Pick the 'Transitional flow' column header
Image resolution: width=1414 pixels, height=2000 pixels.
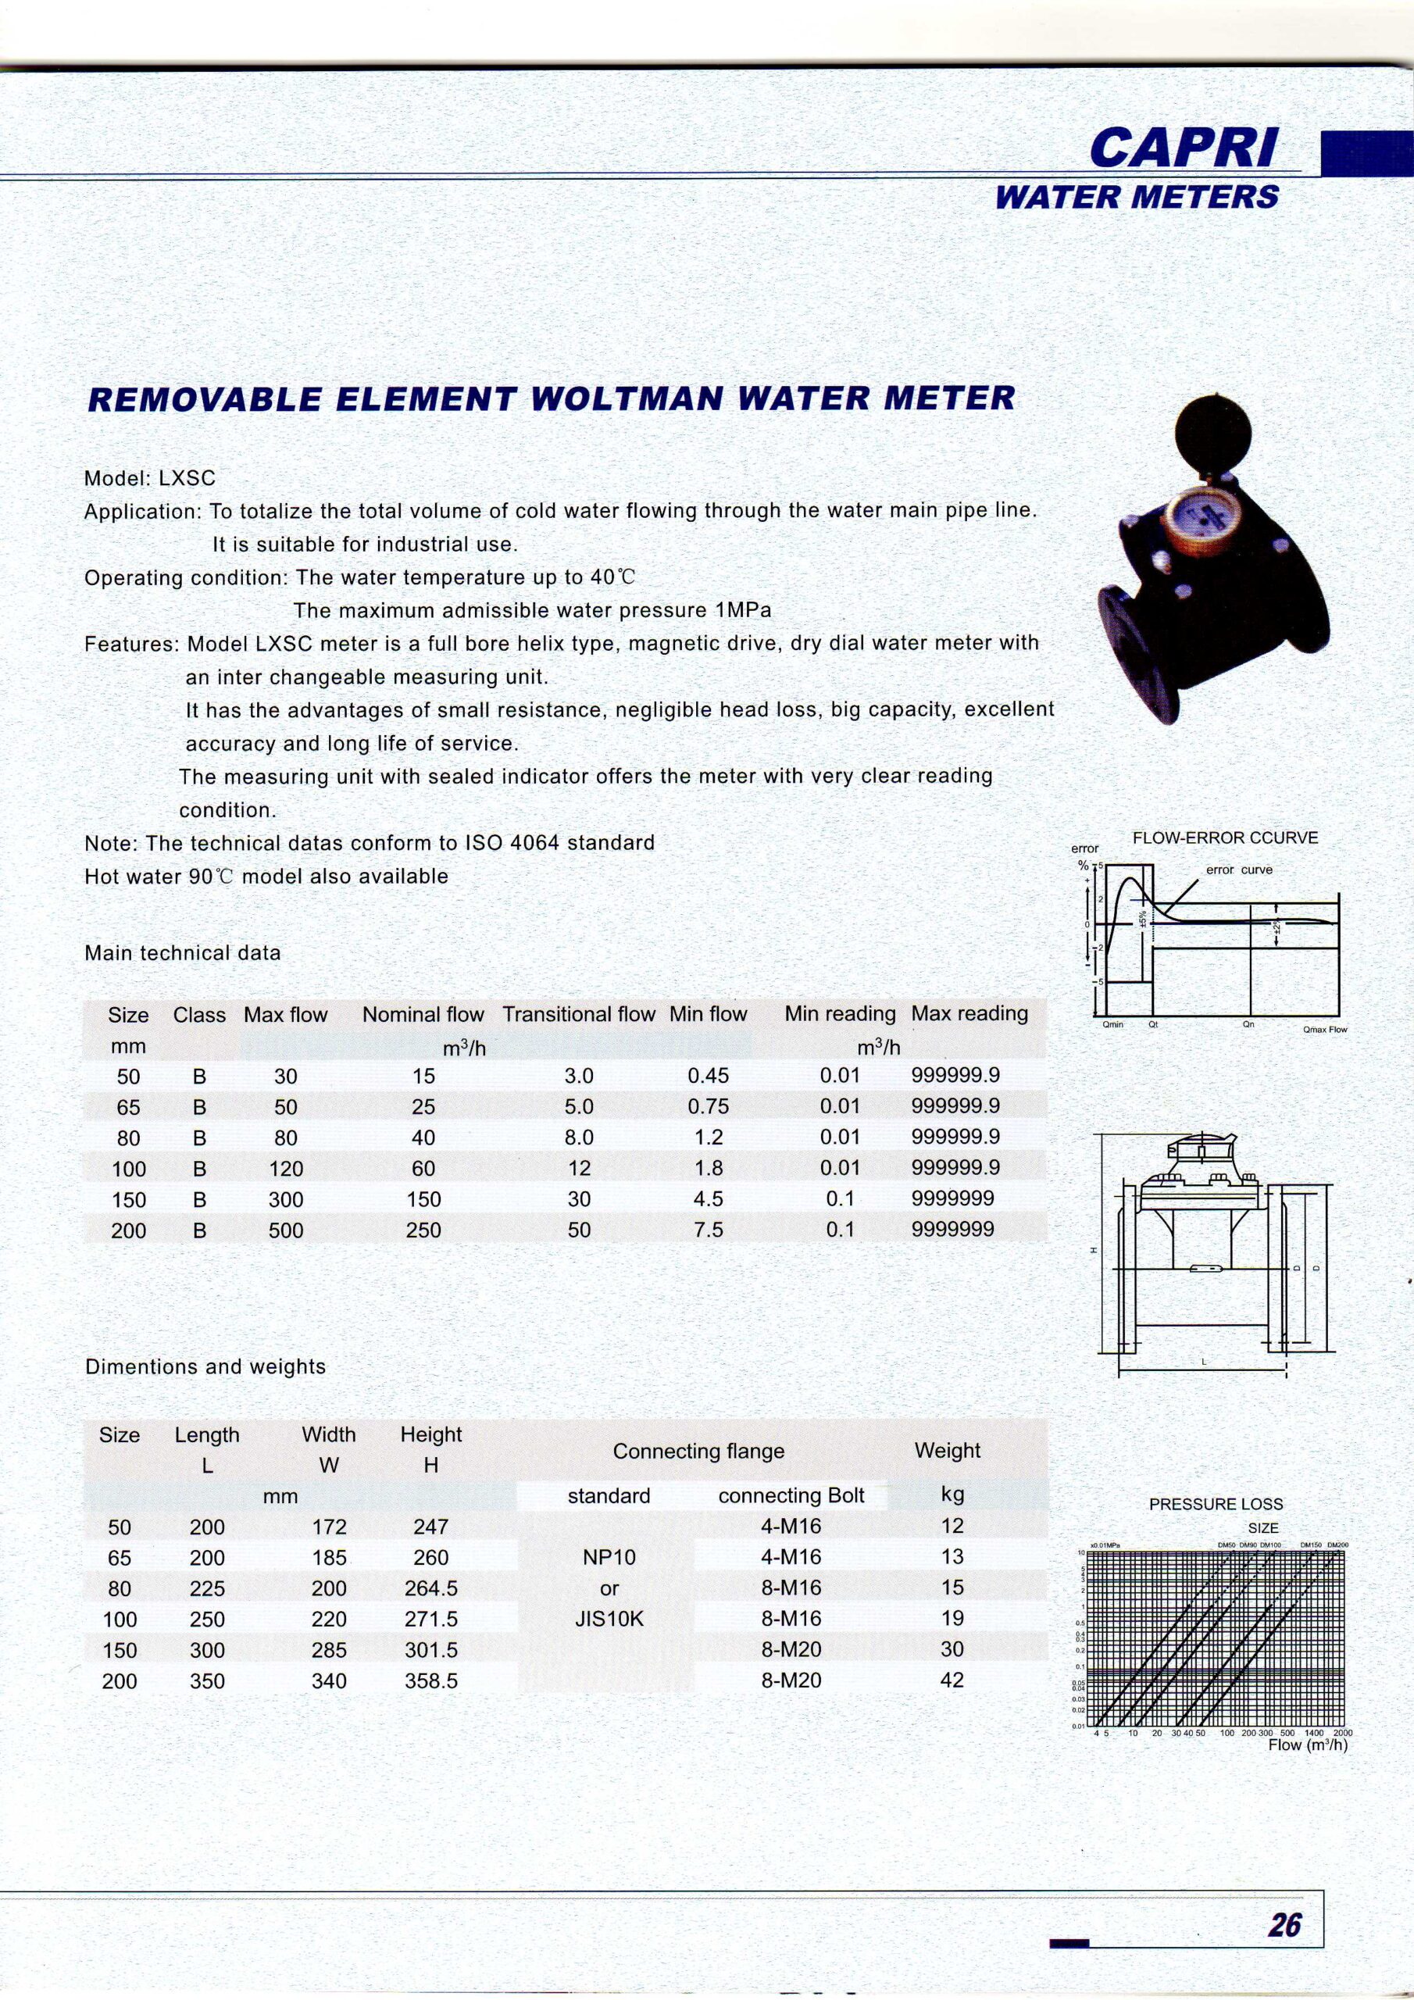579,1014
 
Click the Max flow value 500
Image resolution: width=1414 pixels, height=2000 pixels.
286,1230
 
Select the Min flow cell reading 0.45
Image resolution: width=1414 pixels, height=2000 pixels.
708,1076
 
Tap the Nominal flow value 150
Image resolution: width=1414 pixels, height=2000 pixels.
423,1198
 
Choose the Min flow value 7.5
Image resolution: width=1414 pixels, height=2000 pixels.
708,1229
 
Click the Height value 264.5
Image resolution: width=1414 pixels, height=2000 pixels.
430,1588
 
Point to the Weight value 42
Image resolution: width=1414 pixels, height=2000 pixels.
952,1680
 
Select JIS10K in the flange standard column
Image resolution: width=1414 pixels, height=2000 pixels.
609,1619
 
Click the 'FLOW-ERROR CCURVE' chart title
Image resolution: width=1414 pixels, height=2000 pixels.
1225,838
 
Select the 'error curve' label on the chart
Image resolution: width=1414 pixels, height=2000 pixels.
1239,870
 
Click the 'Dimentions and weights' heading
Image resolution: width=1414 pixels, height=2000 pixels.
205,1366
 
